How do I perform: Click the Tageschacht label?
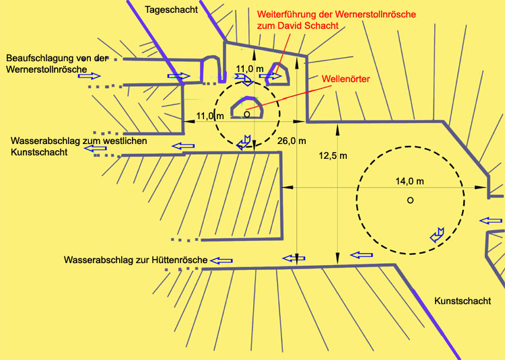(x=171, y=9)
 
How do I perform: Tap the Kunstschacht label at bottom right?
(x=463, y=301)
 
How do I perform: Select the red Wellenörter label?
(x=346, y=79)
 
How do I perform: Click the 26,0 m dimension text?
(x=292, y=141)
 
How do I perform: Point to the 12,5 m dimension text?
(x=333, y=155)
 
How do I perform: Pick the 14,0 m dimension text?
(x=409, y=182)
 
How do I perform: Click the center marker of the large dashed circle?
(x=410, y=200)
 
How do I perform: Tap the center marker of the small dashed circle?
(x=246, y=114)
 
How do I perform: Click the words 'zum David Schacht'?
(x=298, y=26)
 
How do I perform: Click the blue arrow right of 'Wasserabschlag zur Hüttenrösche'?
(x=222, y=260)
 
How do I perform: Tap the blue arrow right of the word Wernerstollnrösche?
(x=89, y=76)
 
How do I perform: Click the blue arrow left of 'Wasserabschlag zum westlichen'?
(x=95, y=148)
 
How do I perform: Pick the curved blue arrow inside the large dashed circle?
(x=437, y=236)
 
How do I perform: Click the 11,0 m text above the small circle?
(x=250, y=69)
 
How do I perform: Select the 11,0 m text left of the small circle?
(x=210, y=116)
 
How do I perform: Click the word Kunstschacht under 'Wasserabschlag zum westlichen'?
(x=39, y=152)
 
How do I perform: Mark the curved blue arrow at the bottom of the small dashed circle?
(x=244, y=143)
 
